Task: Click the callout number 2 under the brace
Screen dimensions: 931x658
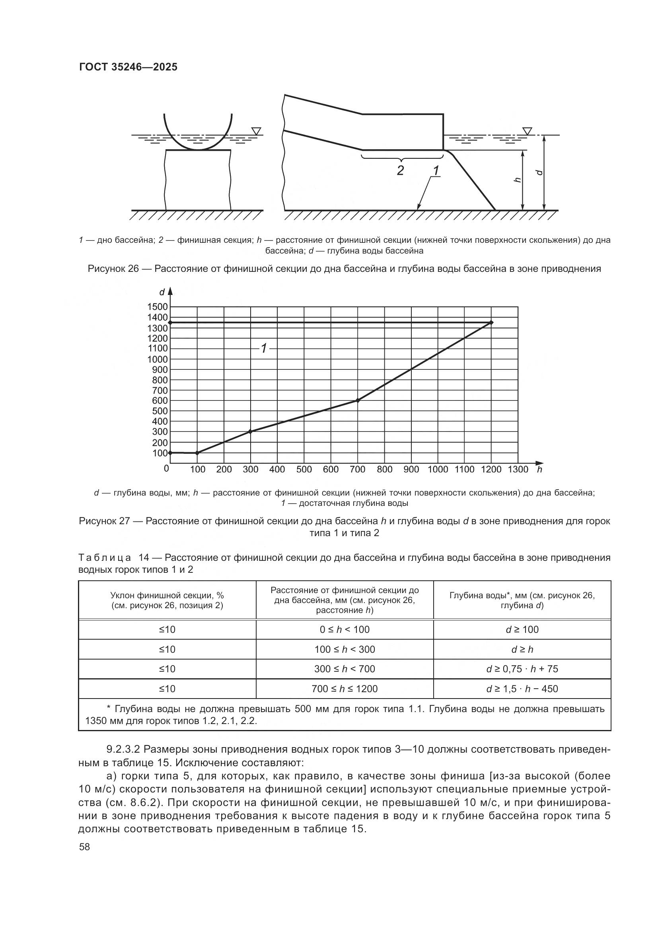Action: [400, 170]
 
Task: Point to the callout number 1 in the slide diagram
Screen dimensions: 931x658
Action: [436, 171]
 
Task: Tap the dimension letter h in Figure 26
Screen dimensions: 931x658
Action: [517, 180]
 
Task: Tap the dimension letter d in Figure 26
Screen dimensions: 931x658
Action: [539, 172]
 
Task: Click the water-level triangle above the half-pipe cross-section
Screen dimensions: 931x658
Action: [256, 131]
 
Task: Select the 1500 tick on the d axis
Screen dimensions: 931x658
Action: [157, 307]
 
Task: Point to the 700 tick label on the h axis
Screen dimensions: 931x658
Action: [357, 470]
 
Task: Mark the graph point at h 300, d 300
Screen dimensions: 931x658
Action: [250, 431]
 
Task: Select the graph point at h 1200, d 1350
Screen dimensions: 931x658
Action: [491, 322]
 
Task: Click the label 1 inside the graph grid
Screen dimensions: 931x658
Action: [264, 348]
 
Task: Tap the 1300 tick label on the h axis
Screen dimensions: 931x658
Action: [518, 470]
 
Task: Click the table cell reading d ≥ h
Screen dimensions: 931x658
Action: [522, 650]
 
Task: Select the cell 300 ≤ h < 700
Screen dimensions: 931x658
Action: [345, 669]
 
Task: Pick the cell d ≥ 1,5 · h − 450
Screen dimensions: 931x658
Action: [522, 689]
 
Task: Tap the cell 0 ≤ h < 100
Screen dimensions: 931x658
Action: [345, 630]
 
